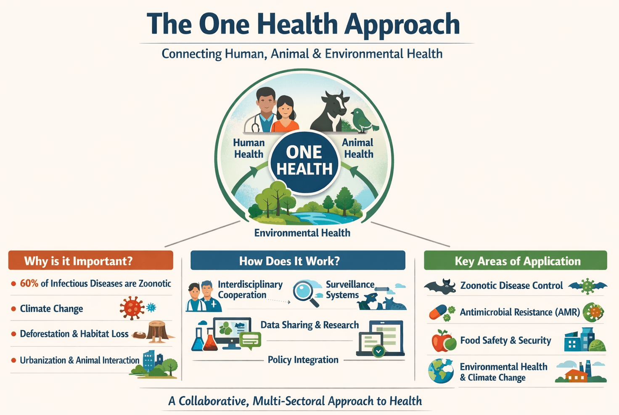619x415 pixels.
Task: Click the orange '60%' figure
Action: click(29, 284)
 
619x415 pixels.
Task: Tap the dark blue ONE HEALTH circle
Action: click(304, 162)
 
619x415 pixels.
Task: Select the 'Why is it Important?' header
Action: click(91, 260)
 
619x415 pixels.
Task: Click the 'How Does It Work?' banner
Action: click(298, 260)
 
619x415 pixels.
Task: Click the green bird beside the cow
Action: click(363, 121)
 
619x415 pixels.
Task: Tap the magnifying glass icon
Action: click(305, 294)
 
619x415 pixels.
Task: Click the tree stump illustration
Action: click(158, 331)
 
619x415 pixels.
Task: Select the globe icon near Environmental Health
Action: click(441, 371)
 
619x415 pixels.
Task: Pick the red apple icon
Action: click(442, 341)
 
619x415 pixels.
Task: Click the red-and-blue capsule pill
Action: click(438, 312)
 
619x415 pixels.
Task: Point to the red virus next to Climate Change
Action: click(132, 308)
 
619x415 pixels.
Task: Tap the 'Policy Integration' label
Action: click(303, 360)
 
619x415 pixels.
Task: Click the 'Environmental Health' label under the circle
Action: click(302, 233)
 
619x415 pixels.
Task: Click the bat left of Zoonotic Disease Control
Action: click(440, 286)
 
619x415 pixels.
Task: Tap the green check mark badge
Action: click(378, 351)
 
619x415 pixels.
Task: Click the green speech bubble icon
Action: click(250, 340)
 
